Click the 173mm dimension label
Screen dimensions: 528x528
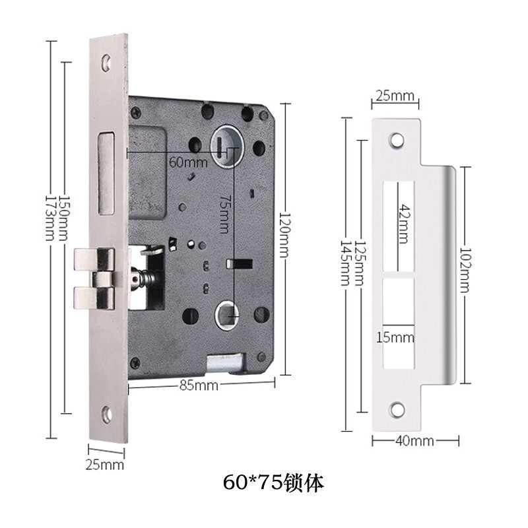pyautogui.click(x=50, y=218)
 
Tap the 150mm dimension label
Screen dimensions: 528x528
pyautogui.click(x=64, y=218)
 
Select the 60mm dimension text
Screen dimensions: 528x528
pyautogui.click(x=188, y=162)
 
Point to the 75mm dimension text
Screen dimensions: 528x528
pyautogui.click(x=224, y=214)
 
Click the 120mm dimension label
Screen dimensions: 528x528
pyautogui.click(x=284, y=234)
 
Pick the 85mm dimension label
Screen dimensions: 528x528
pyautogui.click(x=199, y=385)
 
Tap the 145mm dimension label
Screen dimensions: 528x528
pyautogui.click(x=345, y=263)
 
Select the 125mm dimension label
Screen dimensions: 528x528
pyautogui.click(x=360, y=263)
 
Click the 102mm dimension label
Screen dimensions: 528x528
pyautogui.click(x=465, y=270)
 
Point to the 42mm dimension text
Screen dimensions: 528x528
pyautogui.click(x=403, y=224)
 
